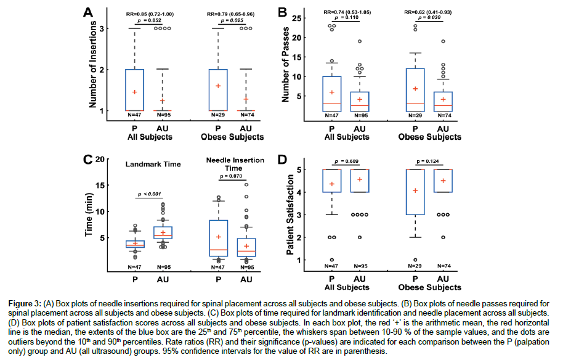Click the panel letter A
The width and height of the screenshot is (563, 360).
(88, 12)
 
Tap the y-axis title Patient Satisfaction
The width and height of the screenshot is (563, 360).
(288, 213)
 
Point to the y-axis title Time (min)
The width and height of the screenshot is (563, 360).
(89, 215)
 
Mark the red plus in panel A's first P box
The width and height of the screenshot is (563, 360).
(135, 92)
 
